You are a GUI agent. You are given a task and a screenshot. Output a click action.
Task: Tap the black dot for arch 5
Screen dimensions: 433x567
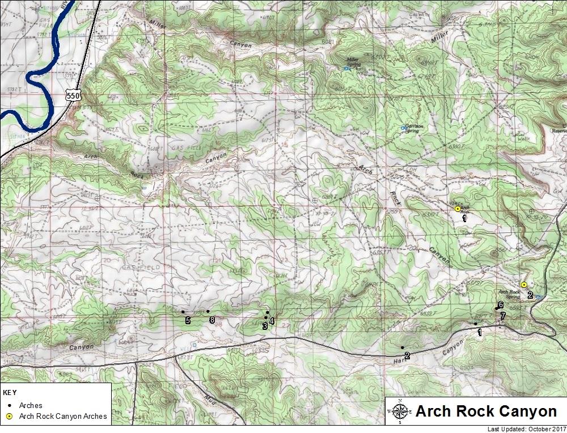[183, 312]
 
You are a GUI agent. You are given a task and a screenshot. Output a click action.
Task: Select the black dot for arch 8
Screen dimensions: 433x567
[208, 311]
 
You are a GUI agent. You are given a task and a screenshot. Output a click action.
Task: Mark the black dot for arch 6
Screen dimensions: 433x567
[497, 308]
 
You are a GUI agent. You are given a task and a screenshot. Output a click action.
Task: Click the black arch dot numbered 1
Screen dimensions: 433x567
[475, 324]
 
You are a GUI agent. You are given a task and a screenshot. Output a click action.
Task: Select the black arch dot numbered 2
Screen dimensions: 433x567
[402, 347]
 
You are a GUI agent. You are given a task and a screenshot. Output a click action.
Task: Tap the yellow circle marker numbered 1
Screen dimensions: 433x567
[458, 209]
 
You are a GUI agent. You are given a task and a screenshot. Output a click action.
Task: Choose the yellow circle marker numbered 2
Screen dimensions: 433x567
[524, 285]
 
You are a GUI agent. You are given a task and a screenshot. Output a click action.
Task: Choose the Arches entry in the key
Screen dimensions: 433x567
[31, 406]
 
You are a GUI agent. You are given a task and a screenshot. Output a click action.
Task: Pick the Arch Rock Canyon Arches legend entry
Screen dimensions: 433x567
[63, 417]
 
